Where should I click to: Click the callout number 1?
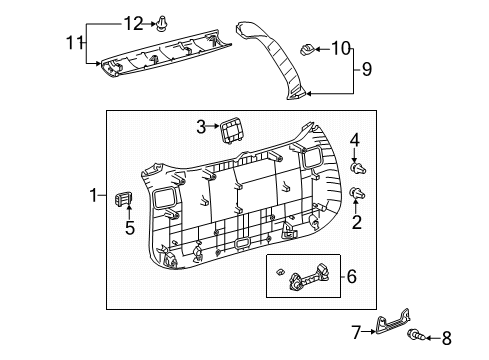click(95, 194)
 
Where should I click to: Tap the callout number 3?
click(201, 127)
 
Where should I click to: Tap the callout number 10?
click(341, 46)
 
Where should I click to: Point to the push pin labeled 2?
click(358, 194)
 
